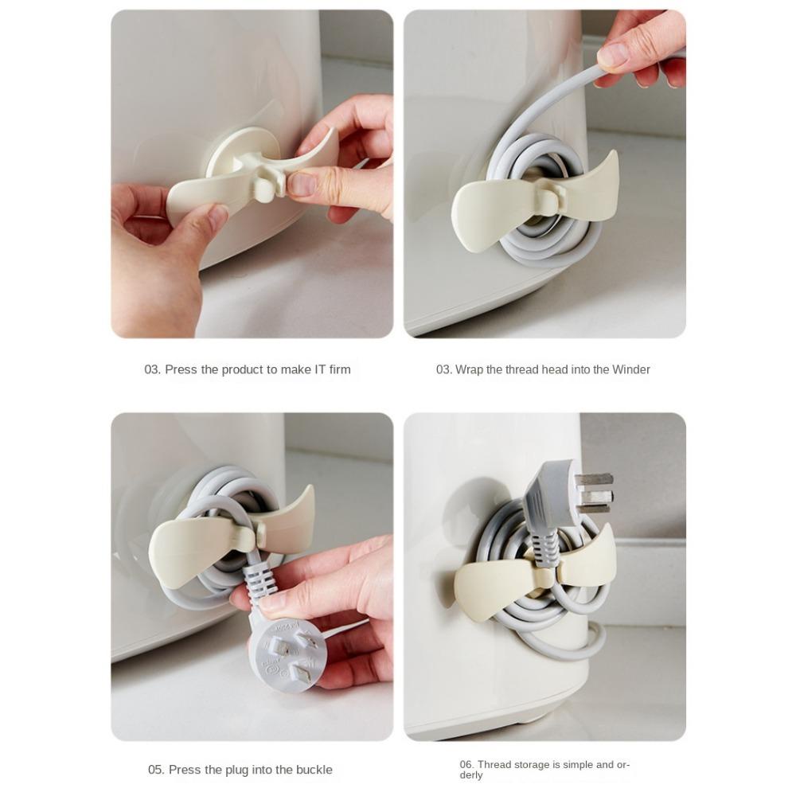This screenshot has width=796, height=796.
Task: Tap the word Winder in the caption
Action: (x=630, y=369)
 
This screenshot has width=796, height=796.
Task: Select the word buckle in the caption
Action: (x=314, y=770)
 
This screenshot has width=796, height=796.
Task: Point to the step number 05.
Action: (x=156, y=770)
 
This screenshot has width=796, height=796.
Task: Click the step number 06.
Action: (x=466, y=765)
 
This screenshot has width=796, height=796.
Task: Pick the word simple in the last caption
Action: (x=563, y=765)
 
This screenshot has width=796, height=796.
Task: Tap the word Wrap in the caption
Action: (x=469, y=369)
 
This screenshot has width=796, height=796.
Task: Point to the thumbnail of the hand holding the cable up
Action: (x=614, y=56)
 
